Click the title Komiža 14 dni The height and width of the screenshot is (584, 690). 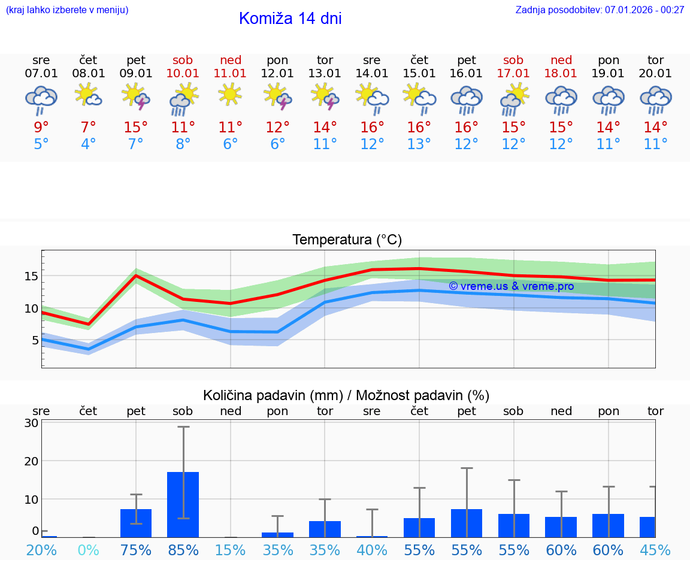tap(290, 19)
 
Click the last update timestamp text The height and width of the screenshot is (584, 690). tap(600, 10)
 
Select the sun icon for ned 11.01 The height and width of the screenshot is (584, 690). tap(230, 94)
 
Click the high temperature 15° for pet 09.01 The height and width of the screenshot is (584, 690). tap(136, 127)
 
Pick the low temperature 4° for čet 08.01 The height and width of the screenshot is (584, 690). tap(88, 144)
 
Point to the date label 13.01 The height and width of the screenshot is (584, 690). tap(325, 74)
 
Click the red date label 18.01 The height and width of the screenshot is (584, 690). tap(561, 74)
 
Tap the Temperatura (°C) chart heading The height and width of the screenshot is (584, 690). tap(347, 240)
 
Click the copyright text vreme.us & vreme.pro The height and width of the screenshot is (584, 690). tap(511, 286)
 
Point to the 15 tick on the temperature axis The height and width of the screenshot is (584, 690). tap(31, 276)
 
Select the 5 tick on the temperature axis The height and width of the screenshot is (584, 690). tap(35, 340)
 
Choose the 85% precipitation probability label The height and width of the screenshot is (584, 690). tap(183, 550)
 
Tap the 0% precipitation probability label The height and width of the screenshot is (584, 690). tap(88, 550)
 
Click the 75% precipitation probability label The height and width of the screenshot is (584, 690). tap(136, 550)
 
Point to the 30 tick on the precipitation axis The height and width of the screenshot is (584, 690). tap(32, 423)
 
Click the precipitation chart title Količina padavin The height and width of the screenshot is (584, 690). tap(346, 395)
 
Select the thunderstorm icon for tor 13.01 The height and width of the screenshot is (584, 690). tap(325, 96)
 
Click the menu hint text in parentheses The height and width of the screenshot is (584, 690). tap(67, 10)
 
